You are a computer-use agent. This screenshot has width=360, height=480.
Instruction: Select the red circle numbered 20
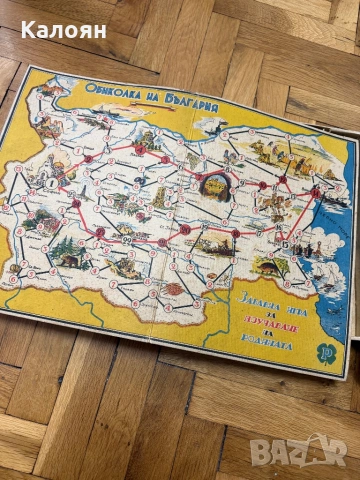click(186, 229)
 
